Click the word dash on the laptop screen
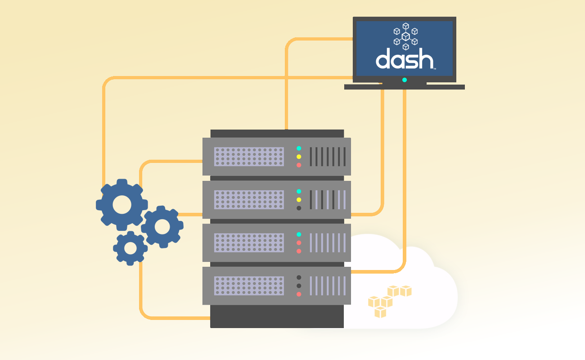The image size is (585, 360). click(x=404, y=59)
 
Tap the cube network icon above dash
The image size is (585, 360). click(x=405, y=36)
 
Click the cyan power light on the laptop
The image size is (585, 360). click(x=405, y=80)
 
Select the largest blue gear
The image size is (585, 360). click(x=122, y=205)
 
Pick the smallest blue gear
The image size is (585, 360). click(x=130, y=248)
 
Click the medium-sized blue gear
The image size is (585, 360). click(x=162, y=226)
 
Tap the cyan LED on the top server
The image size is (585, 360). click(x=299, y=148)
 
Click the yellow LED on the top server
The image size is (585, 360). click(x=299, y=157)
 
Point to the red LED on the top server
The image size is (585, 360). click(x=299, y=165)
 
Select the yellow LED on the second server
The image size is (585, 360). click(x=299, y=199)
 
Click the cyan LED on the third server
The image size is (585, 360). click(x=299, y=234)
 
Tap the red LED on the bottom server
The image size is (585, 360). click(x=299, y=294)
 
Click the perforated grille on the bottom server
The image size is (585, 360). click(x=249, y=286)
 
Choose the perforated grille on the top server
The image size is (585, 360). click(x=249, y=157)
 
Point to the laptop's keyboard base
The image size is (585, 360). click(x=404, y=87)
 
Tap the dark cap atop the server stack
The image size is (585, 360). click(x=277, y=133)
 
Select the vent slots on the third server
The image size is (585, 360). click(x=328, y=243)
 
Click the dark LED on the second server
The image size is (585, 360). click(x=299, y=208)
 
